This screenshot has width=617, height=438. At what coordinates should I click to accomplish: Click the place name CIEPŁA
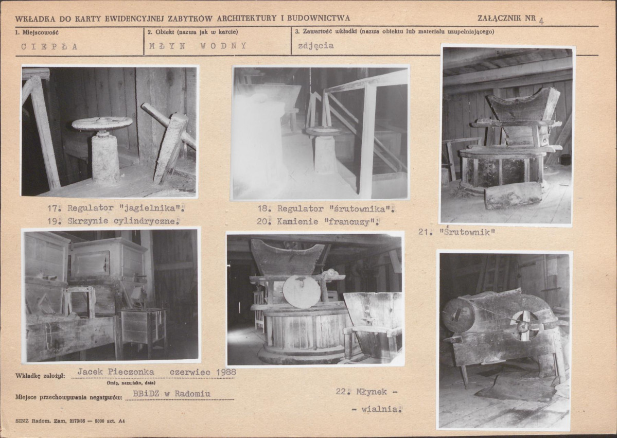[x=49, y=46]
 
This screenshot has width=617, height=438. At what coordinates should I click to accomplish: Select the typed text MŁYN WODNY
[x=198, y=46]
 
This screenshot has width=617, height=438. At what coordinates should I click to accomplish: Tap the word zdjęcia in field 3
[x=315, y=46]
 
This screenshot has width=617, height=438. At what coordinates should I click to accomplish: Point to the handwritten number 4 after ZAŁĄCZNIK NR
[x=541, y=21]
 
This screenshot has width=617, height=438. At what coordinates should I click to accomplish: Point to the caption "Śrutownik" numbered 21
[x=467, y=232]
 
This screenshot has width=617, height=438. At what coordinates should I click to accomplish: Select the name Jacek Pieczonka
[x=116, y=372]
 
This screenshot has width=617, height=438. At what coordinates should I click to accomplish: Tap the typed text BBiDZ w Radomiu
[x=171, y=394]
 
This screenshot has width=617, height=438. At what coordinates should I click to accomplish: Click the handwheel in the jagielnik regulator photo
[x=102, y=123]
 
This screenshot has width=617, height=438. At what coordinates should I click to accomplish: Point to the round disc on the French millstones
[x=302, y=292]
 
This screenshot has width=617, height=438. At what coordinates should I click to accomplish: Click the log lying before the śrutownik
[x=513, y=195]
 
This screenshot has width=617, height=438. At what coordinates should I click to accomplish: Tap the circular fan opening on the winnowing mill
[x=524, y=325]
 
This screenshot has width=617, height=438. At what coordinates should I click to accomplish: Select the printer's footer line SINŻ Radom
[x=70, y=421]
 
